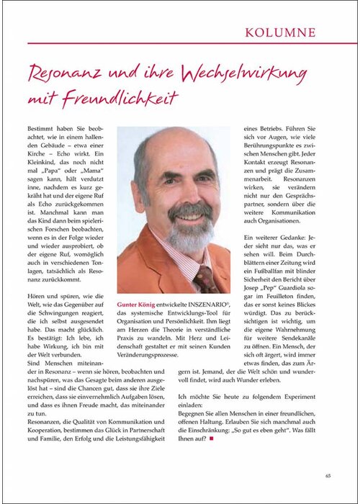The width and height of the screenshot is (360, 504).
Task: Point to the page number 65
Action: (328, 475)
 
